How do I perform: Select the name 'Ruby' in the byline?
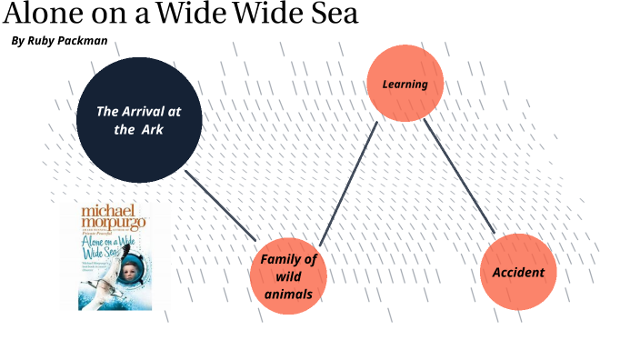[44, 41]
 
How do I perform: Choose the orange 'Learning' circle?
[405, 84]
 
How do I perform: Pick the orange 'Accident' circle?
[518, 272]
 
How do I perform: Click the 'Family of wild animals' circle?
[288, 275]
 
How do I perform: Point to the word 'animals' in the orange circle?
[288, 294]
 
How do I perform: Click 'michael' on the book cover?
[101, 211]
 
